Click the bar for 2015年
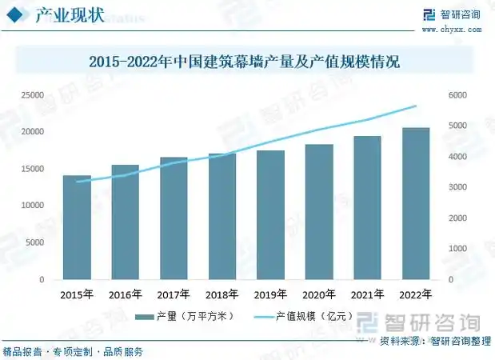click(x=77, y=228)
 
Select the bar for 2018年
click(x=222, y=217)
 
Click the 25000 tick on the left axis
click(x=32, y=95)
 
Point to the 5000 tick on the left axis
click(x=34, y=243)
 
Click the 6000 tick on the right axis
click(x=456, y=95)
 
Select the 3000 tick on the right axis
click(x=456, y=187)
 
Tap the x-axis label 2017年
click(x=174, y=294)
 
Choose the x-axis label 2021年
click(x=367, y=294)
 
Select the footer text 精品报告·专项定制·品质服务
click(x=73, y=352)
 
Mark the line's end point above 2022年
click(x=415, y=106)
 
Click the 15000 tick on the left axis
click(x=32, y=169)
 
